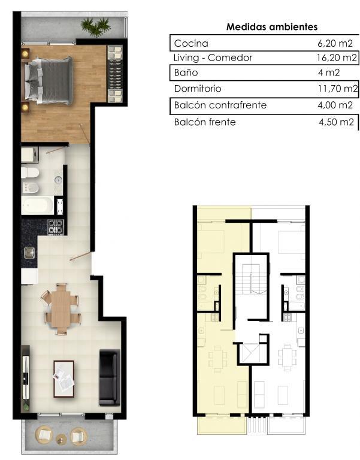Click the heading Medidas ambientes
[272, 27]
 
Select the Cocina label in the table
[191, 43]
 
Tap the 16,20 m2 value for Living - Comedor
[337, 57]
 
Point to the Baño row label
[186, 72]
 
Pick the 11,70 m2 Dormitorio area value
[338, 89]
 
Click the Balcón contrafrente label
[220, 105]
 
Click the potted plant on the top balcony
[95, 26]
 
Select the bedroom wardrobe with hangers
[115, 74]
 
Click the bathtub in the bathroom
[37, 205]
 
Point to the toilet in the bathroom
[30, 172]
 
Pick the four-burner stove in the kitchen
[56, 227]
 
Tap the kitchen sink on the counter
[29, 253]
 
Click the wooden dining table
[61, 308]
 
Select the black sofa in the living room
[110, 377]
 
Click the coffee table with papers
[63, 379]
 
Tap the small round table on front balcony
[62, 439]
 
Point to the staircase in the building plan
[251, 279]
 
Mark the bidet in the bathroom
[30, 187]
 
